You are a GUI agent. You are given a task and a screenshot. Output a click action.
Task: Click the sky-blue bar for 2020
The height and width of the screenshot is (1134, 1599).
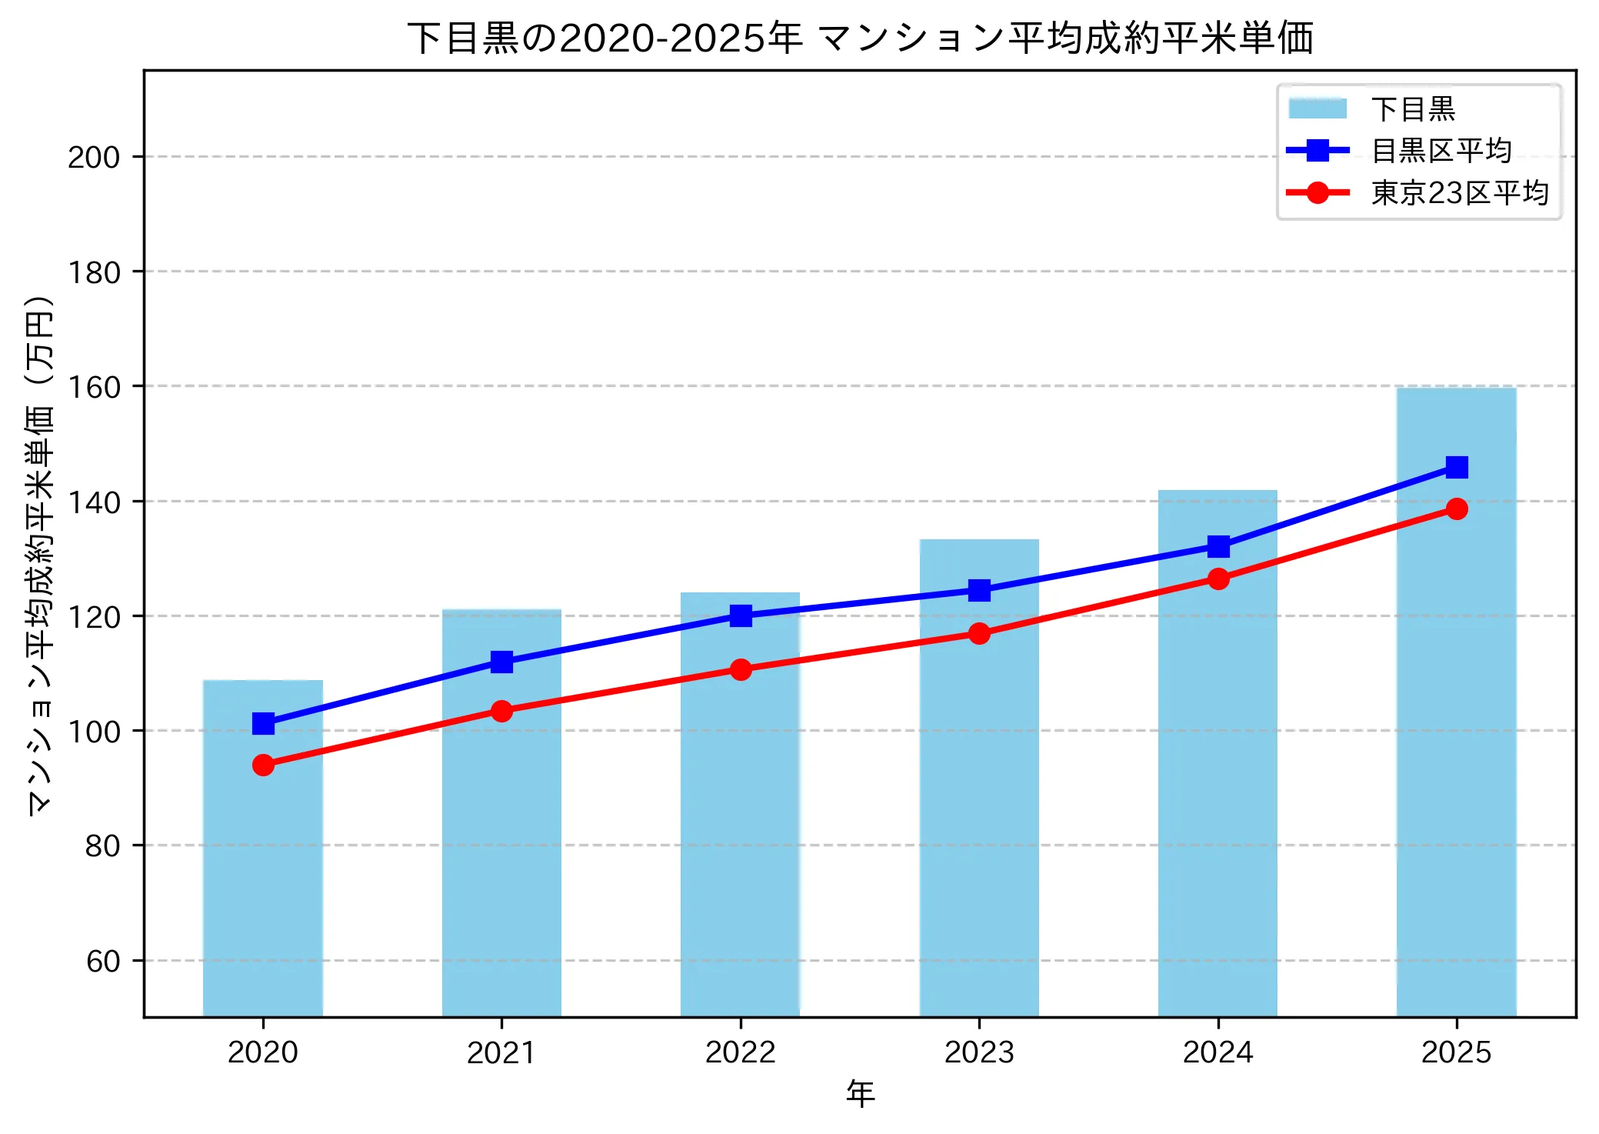263,885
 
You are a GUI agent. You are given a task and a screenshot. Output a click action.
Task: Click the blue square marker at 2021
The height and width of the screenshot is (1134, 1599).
501,662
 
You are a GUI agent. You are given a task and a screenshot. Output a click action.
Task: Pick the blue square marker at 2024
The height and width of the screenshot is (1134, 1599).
1218,547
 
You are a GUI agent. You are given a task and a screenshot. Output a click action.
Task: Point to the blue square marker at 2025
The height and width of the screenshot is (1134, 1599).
1457,467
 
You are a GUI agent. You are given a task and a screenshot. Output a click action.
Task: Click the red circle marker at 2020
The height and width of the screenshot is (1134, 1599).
263,765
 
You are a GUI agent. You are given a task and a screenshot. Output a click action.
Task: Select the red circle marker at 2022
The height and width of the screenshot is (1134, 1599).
741,669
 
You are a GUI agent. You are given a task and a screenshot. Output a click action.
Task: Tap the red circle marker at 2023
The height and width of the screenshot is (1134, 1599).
979,633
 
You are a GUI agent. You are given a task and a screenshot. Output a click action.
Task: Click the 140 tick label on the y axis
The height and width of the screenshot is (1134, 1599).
94,502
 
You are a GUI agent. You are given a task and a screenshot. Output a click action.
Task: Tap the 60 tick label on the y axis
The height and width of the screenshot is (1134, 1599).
103,961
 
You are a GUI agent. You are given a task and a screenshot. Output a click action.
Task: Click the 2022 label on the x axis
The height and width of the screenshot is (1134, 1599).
741,1052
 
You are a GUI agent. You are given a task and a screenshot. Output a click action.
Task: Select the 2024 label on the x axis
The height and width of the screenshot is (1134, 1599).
1218,1052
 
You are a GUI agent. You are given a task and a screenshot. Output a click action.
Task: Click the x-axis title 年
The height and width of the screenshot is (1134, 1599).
860,1094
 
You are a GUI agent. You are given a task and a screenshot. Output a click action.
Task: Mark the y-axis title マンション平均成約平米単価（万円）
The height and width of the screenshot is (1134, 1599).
40,555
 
